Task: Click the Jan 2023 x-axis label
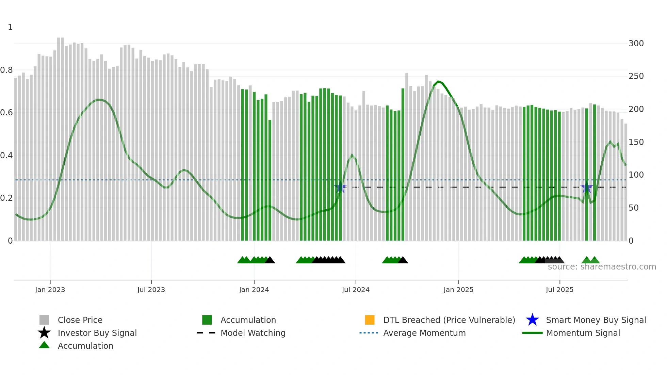tap(50, 290)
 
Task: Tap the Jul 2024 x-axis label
tap(356, 290)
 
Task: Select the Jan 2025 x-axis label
tap(458, 290)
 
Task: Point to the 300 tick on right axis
tap(636, 44)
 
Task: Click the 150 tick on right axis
tap(636, 142)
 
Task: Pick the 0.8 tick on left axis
tap(7, 70)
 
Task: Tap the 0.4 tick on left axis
tap(7, 156)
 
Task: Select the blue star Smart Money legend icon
tap(532, 320)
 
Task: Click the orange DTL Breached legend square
tap(370, 320)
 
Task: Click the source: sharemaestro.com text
tap(602, 267)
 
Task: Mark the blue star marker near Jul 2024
tap(340, 187)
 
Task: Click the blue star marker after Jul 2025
tap(586, 187)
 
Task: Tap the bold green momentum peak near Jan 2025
tap(438, 81)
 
